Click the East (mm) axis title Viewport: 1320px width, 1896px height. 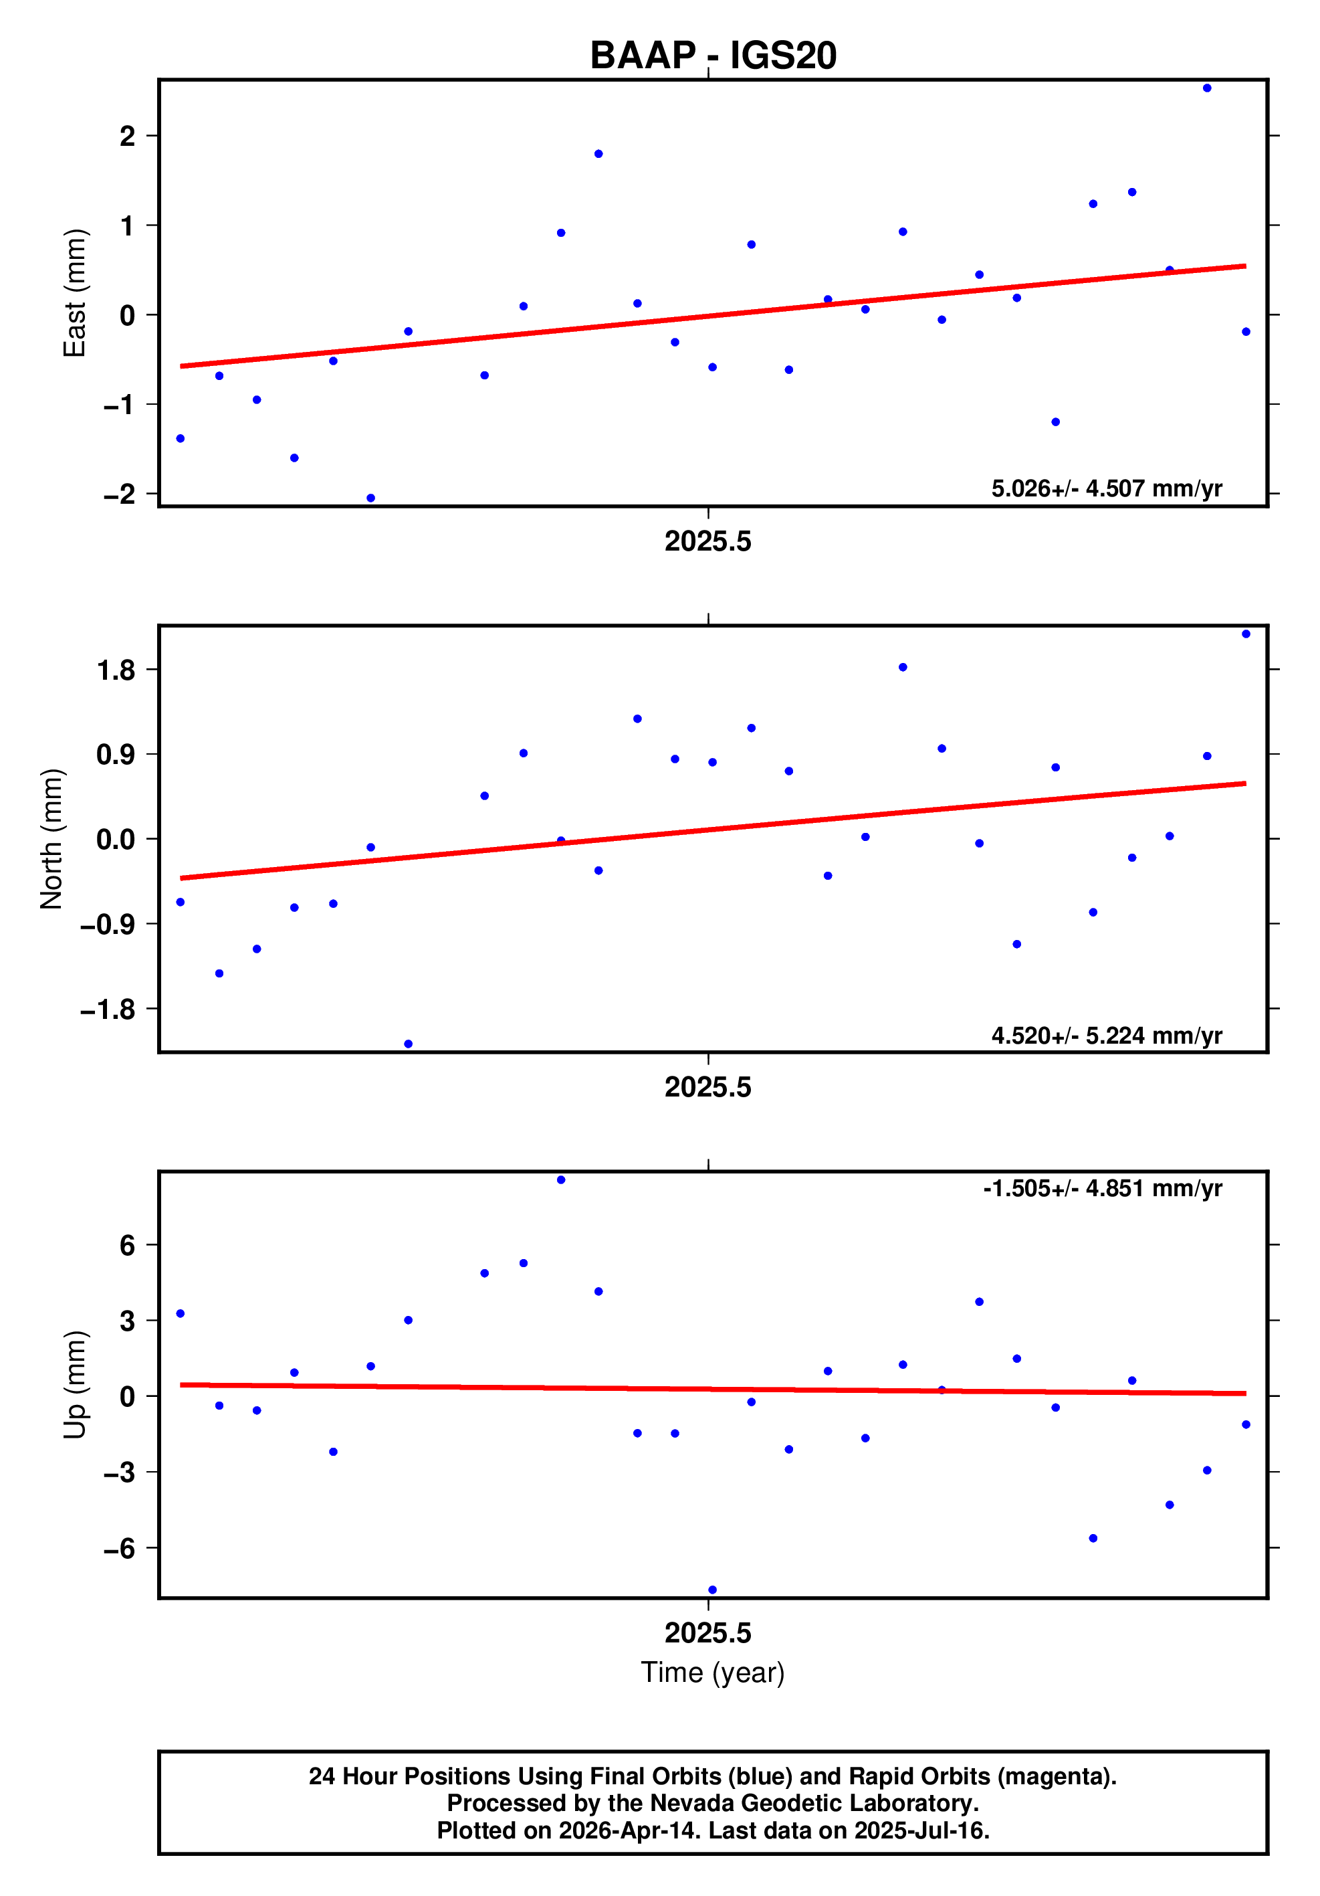click(75, 293)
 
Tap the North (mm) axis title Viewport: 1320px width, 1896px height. click(52, 839)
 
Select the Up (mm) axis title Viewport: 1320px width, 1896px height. click(75, 1385)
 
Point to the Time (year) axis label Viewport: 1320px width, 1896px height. click(712, 1672)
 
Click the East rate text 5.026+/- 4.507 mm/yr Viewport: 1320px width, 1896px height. click(1106, 489)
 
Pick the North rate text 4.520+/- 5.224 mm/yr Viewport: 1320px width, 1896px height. click(1106, 1036)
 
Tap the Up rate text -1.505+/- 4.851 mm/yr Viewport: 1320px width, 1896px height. click(1102, 1188)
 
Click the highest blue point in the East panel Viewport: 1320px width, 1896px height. click(1207, 88)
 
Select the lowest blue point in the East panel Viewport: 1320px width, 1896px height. click(370, 498)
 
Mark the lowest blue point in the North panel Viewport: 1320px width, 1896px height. click(408, 1044)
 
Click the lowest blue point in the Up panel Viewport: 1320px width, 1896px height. click(712, 1590)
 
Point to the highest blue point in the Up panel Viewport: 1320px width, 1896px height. click(560, 1180)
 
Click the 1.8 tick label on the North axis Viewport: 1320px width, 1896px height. click(116, 670)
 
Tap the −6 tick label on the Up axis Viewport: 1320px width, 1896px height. click(119, 1548)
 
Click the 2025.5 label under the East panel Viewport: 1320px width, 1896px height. click(707, 542)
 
